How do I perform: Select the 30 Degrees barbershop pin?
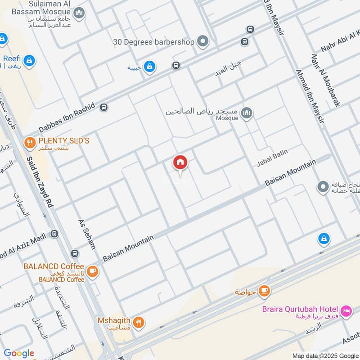click(203, 42)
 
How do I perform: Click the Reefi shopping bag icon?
click(29, 60)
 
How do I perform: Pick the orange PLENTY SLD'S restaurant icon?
click(30, 143)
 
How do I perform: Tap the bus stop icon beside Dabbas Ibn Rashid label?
click(104, 108)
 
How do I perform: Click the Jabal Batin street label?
click(272, 158)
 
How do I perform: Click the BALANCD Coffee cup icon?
click(93, 271)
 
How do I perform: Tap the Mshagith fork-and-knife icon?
click(139, 322)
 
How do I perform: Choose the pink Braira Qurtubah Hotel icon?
click(346, 310)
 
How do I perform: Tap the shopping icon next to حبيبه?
click(150, 67)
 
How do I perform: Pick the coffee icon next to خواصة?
click(264, 291)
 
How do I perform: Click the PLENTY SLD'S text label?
click(63, 141)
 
